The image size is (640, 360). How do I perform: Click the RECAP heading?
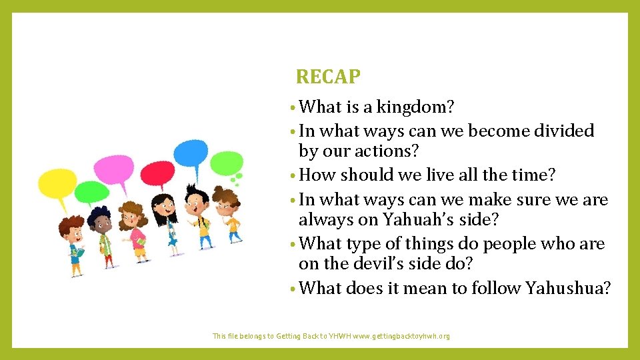click(x=328, y=77)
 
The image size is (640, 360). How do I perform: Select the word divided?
click(x=563, y=131)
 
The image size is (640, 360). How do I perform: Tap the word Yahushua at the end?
click(x=567, y=288)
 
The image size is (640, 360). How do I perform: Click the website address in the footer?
click(x=401, y=337)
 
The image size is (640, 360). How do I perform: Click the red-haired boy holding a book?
click(x=73, y=240)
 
